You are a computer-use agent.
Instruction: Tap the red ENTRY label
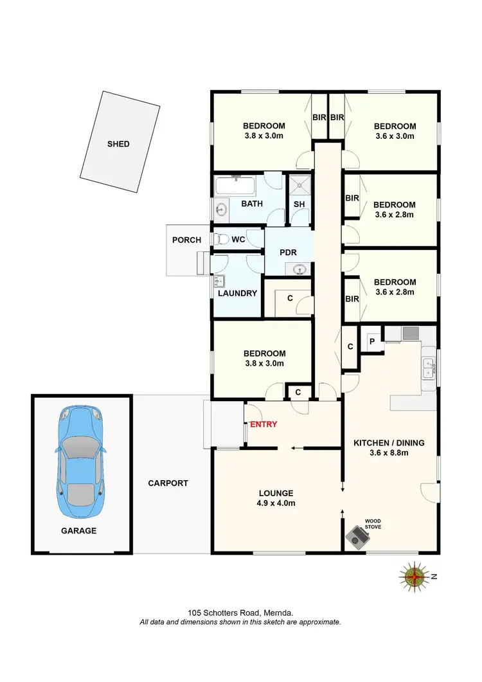pyautogui.click(x=263, y=424)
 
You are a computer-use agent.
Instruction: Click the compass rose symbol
pyautogui.click(x=415, y=576)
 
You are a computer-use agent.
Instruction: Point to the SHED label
pyautogui.click(x=118, y=144)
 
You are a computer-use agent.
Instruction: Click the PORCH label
pyautogui.click(x=186, y=240)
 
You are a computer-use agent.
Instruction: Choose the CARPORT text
pyautogui.click(x=168, y=483)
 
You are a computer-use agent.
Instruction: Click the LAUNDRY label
pyautogui.click(x=237, y=293)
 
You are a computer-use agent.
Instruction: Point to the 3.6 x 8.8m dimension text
pyautogui.click(x=389, y=453)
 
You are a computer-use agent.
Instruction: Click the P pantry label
pyautogui.click(x=371, y=341)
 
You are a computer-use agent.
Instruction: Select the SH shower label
pyautogui.click(x=299, y=204)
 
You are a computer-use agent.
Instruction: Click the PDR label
pyautogui.click(x=288, y=253)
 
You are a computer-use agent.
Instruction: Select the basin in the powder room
pyautogui.click(x=299, y=269)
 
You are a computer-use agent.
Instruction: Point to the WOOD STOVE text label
pyautogui.click(x=373, y=525)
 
